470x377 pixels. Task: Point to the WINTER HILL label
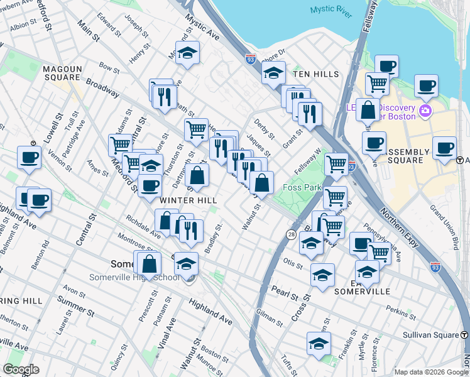189,200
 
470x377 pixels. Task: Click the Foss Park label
302,187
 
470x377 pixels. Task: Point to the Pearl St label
285,293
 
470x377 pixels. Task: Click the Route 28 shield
291,234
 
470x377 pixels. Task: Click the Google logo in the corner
22,369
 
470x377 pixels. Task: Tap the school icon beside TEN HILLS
273,74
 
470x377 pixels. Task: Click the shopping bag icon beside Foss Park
261,183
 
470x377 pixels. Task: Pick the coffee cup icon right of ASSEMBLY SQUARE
444,148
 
